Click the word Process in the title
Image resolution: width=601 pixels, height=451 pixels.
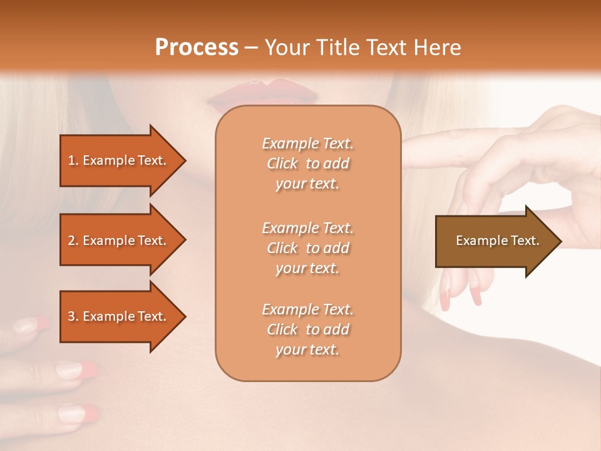click(197, 48)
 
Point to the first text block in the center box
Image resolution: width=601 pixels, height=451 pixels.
click(307, 163)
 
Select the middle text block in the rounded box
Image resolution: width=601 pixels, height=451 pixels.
click(307, 248)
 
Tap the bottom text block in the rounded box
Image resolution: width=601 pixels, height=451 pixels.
click(307, 329)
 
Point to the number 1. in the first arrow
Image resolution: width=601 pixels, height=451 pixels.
click(73, 160)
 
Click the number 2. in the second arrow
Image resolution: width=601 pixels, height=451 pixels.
click(73, 241)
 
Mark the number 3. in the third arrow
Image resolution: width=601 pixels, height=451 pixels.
click(73, 316)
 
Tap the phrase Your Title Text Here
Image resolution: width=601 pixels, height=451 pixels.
click(362, 48)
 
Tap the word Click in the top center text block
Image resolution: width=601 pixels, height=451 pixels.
click(282, 163)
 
